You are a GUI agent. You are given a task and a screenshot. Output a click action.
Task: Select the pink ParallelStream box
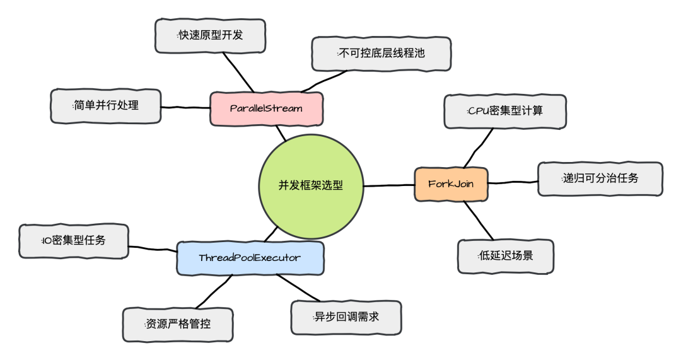click(x=266, y=108)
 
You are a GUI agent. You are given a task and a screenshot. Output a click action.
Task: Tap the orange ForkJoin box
click(x=451, y=184)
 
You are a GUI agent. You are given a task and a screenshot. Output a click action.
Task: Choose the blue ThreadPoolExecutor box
click(x=250, y=258)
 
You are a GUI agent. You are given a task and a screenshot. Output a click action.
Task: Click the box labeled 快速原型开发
click(x=210, y=35)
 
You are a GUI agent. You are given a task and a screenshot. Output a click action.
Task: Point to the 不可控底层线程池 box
click(x=381, y=54)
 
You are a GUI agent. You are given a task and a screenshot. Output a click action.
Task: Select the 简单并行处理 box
click(x=105, y=105)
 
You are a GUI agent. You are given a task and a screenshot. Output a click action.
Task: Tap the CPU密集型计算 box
click(x=505, y=111)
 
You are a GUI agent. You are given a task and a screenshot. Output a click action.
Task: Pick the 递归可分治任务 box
click(x=600, y=178)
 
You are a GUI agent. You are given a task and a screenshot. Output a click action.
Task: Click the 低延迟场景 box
click(x=506, y=256)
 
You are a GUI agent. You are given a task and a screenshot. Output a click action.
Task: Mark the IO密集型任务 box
click(x=74, y=240)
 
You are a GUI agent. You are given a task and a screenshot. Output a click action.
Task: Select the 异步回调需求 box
click(x=346, y=317)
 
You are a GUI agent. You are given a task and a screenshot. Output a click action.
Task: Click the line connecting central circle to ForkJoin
click(x=388, y=185)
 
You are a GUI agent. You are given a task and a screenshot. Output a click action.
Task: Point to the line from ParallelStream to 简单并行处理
click(x=185, y=107)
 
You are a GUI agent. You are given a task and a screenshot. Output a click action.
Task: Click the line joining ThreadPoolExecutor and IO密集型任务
click(x=153, y=248)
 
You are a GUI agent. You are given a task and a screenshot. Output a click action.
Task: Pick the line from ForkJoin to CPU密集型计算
click(x=476, y=149)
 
